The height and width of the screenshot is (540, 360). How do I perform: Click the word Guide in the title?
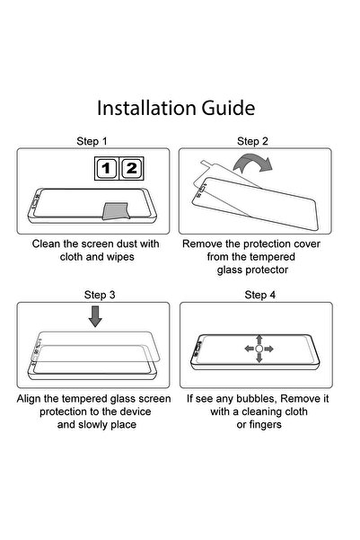click(228, 108)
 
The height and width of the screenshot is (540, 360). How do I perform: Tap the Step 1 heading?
click(92, 141)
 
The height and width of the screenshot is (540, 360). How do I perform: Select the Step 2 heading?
click(252, 141)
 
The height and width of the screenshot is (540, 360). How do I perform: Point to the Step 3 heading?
click(100, 295)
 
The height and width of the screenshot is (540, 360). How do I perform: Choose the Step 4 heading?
click(260, 295)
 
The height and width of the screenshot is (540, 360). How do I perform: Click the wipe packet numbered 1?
click(106, 168)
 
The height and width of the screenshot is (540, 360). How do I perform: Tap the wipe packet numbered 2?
click(131, 168)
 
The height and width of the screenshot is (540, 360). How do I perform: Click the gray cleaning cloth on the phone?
click(117, 211)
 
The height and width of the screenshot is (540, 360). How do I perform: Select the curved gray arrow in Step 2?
click(253, 163)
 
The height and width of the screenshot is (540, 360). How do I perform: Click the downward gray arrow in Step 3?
click(95, 317)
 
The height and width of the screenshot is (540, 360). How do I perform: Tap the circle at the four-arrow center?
click(259, 349)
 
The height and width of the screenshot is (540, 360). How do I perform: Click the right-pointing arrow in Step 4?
click(268, 349)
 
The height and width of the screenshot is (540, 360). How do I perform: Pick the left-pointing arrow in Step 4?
click(250, 349)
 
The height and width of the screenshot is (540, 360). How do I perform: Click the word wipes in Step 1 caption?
click(120, 257)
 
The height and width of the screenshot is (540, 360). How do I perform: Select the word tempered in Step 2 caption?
click(275, 257)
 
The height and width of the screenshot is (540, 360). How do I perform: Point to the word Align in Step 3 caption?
click(29, 399)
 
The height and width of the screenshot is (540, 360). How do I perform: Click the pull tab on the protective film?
click(205, 163)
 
